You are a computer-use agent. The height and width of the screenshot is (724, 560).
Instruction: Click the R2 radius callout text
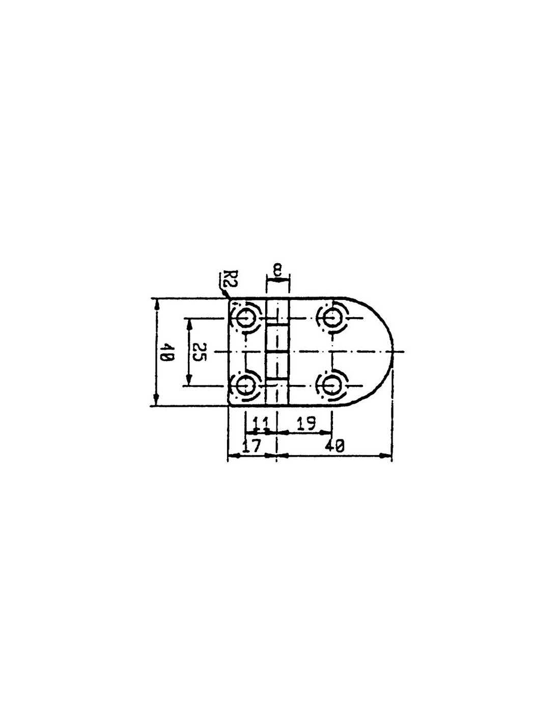pos(223,284)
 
